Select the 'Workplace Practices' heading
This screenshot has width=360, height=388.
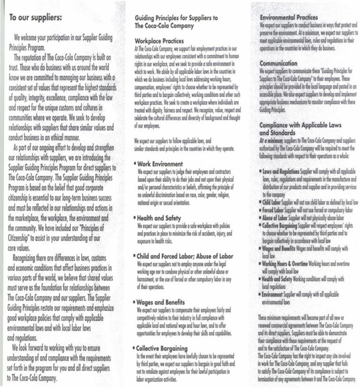159,41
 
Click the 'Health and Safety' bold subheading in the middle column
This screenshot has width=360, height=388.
159,218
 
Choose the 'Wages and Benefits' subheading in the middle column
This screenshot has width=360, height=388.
161,302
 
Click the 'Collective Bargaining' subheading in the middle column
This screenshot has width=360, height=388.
162,348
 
